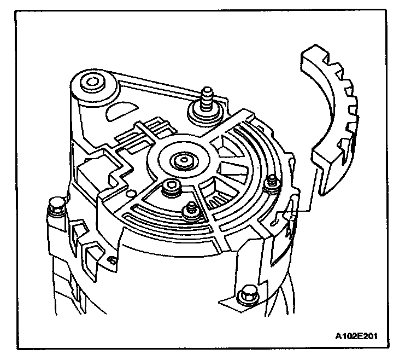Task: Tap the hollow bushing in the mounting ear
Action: point(91,84)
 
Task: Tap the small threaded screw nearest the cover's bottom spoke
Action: point(191,210)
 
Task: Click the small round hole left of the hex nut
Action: point(130,193)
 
